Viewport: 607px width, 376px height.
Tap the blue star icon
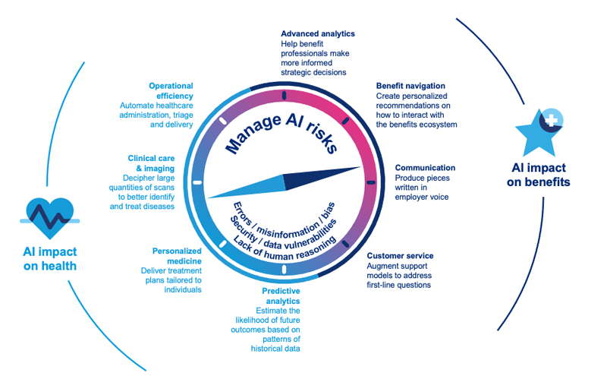tap(539, 129)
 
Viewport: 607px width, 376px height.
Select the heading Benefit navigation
tap(410, 87)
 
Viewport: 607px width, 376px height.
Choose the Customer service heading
tap(400, 256)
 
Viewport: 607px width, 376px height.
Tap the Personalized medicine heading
tap(175, 255)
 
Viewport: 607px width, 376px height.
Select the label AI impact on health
tap(49, 259)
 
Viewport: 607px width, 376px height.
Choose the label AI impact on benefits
tap(539, 175)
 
